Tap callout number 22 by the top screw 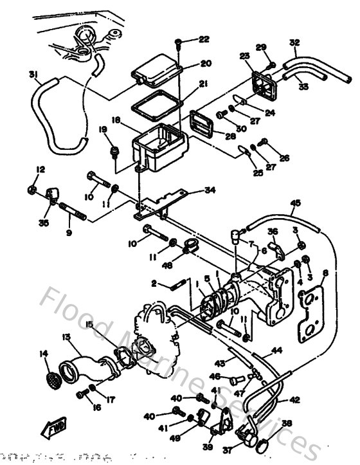pyautogui.click(x=204, y=39)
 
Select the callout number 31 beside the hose pyautogui.click(x=34, y=75)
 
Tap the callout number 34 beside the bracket pyautogui.click(x=210, y=190)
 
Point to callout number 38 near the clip pyautogui.click(x=287, y=424)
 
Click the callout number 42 pyautogui.click(x=294, y=399)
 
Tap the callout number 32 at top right pyautogui.click(x=294, y=42)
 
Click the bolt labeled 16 pyautogui.click(x=82, y=394)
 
